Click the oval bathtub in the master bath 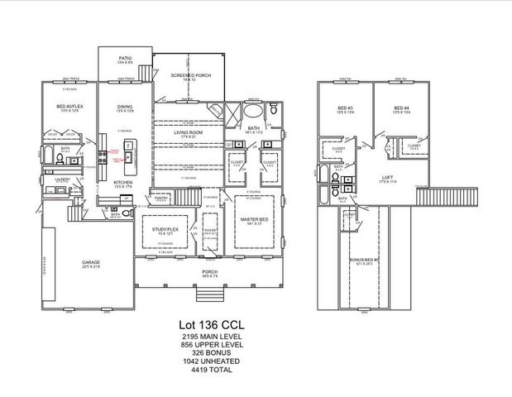(x=255, y=111)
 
